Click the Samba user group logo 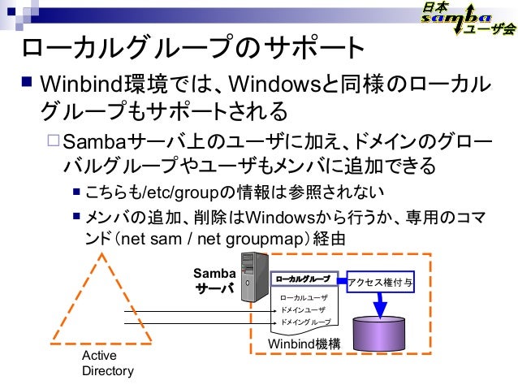pyautogui.click(x=467, y=19)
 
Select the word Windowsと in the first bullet pyautogui.click(x=274, y=84)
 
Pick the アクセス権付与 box pyautogui.click(x=380, y=282)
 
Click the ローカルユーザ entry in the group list pyautogui.click(x=303, y=298)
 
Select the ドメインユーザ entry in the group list pyautogui.click(x=303, y=309)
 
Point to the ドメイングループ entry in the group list pyautogui.click(x=304, y=322)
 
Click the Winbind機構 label pyautogui.click(x=304, y=346)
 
